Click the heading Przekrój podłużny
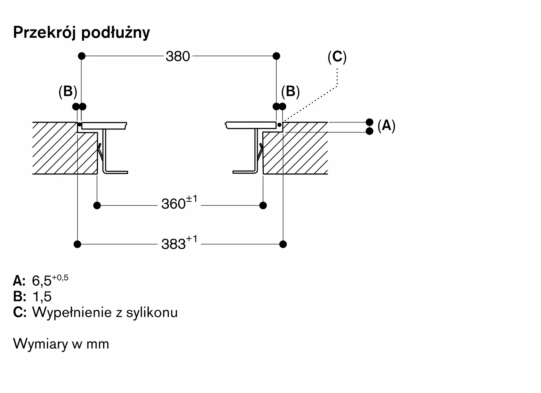click(81, 33)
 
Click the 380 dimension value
click(178, 56)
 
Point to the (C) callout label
click(337, 57)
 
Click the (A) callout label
click(386, 126)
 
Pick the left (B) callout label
click(68, 92)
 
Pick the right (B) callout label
click(290, 92)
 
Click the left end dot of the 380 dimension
click(82, 56)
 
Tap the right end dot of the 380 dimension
click(276, 56)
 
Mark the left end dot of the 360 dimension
click(97, 205)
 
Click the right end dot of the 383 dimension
click(283, 244)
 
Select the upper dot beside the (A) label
click(369, 122)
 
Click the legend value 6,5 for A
click(42, 281)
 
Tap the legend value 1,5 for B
click(42, 297)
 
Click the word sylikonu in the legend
click(152, 313)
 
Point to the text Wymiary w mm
click(61, 344)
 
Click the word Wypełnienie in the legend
click(72, 313)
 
